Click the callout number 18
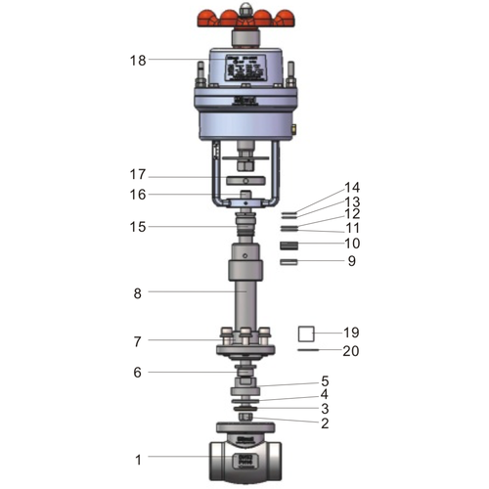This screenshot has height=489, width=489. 138,60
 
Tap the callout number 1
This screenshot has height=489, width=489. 138,459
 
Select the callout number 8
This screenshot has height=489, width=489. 138,292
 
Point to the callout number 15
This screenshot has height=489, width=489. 138,227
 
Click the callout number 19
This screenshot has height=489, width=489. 351,333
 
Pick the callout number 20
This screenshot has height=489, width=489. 351,349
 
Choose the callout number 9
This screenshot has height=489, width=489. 351,261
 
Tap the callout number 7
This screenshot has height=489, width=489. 138,341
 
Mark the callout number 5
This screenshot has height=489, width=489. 325,380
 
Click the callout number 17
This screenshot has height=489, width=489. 138,174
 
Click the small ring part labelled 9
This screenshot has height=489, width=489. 289,262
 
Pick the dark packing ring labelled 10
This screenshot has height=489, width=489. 289,244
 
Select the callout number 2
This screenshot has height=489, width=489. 325,423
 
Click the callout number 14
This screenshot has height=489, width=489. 351,187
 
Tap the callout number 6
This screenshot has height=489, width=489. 138,372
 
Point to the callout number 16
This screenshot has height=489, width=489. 138,195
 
